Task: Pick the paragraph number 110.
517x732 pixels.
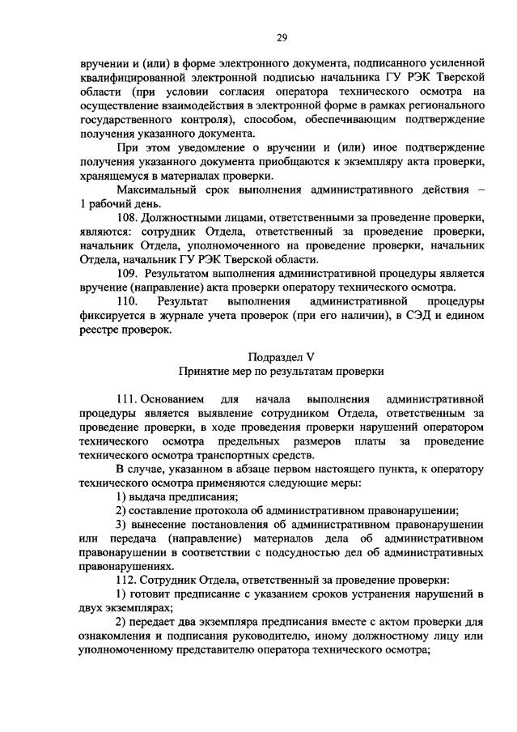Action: point(129,301)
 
